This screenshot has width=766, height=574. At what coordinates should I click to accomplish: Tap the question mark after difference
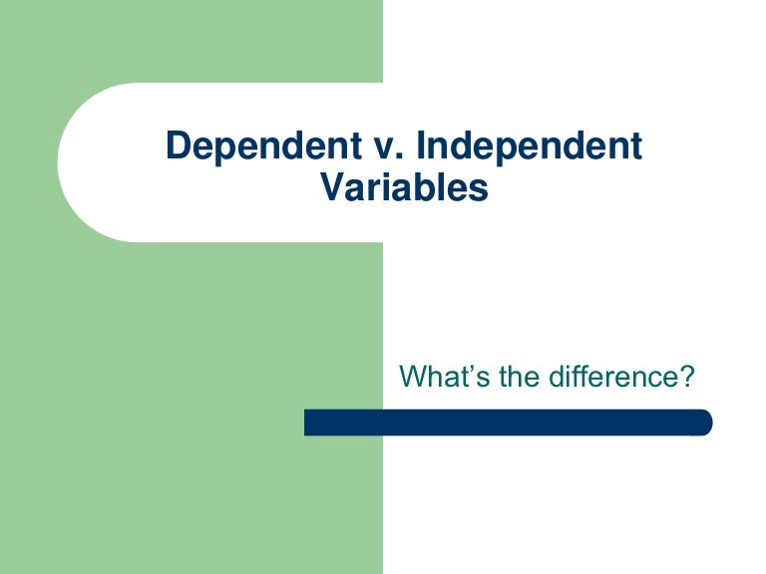[685, 378]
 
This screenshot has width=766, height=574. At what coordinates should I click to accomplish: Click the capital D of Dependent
[178, 146]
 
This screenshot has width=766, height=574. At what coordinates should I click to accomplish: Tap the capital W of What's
[410, 378]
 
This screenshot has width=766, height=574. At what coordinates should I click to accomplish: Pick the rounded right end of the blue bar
[705, 422]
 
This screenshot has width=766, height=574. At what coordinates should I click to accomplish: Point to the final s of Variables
[480, 188]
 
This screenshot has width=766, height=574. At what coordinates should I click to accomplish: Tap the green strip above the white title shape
[190, 40]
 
